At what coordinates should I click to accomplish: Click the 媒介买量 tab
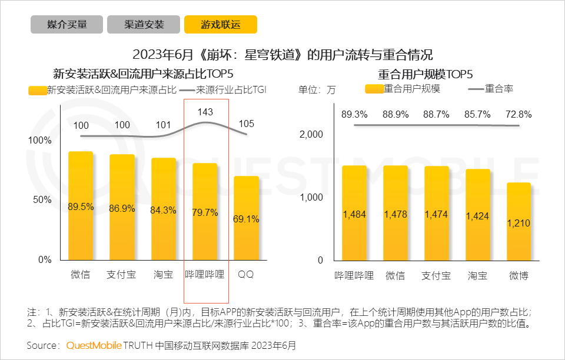[67, 25]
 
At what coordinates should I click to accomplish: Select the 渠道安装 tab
[144, 25]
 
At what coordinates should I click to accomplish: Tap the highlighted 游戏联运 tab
[221, 25]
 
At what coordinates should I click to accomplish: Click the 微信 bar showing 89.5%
[81, 205]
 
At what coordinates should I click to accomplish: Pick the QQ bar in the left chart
[246, 218]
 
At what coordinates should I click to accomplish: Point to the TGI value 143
[205, 112]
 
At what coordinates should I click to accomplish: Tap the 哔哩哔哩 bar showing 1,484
[354, 212]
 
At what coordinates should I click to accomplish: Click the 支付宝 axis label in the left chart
[122, 275]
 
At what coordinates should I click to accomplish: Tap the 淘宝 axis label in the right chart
[477, 275]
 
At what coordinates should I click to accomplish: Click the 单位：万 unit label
[317, 90]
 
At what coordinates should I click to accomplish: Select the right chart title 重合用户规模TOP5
[426, 74]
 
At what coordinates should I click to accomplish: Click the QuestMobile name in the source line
[94, 345]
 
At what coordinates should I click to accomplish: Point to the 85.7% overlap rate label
[477, 114]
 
